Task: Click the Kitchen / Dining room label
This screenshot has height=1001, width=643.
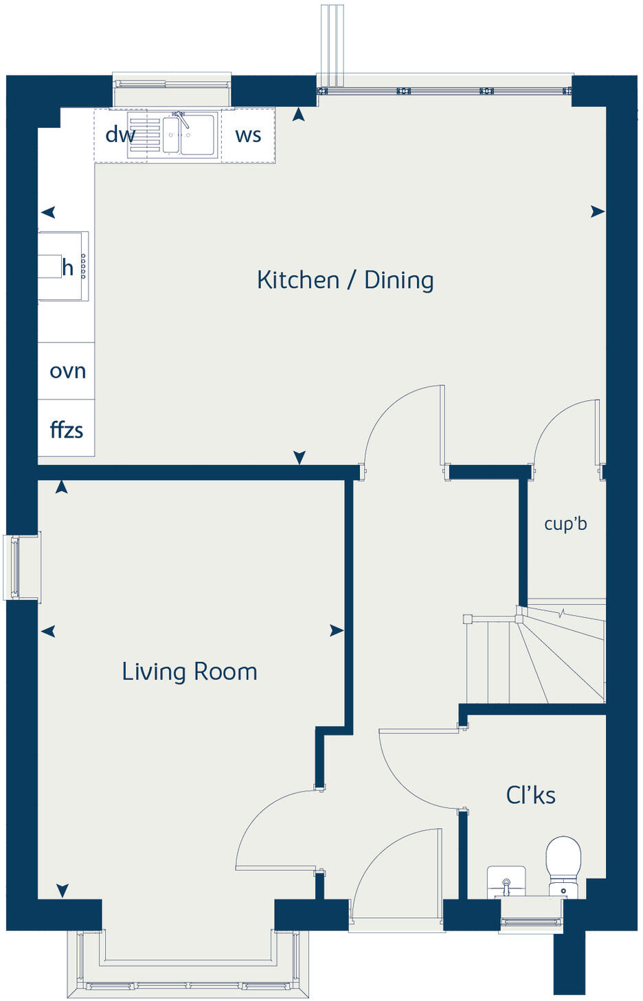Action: [345, 280]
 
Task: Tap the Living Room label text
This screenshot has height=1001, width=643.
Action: [190, 671]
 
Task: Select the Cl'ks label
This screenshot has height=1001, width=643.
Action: [530, 795]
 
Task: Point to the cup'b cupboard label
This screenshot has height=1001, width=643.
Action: [565, 524]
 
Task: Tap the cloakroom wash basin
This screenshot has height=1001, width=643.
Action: [506, 880]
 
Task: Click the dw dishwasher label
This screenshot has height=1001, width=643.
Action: [120, 135]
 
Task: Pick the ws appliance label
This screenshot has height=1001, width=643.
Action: [248, 135]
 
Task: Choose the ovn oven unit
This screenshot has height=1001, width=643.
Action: [67, 371]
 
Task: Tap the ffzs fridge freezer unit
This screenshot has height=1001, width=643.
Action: [67, 430]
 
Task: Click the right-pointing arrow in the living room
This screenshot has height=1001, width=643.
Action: [336, 630]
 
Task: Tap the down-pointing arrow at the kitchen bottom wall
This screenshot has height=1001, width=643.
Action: [300, 457]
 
